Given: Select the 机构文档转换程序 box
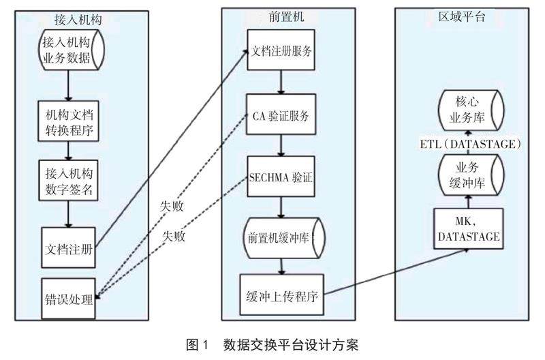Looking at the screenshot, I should pos(67,121).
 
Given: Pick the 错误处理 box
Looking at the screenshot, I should pos(67,299).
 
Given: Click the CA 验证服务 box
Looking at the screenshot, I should pos(282,115).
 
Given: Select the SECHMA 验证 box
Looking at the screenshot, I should pos(282,178).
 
